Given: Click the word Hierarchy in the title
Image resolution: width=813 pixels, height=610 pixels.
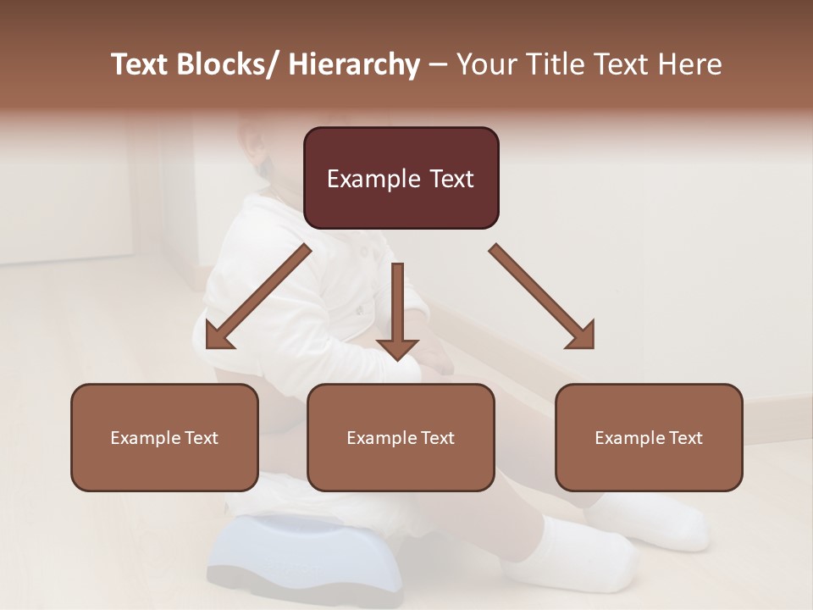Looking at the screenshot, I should coord(353,65).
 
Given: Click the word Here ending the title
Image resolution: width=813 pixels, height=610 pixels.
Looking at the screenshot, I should coord(690,65).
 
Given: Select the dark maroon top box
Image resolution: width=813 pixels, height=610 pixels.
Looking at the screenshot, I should coord(401,178).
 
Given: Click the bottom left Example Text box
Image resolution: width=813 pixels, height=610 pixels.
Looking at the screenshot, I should coord(164,437).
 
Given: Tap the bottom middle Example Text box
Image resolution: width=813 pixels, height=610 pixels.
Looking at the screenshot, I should coord(401,437).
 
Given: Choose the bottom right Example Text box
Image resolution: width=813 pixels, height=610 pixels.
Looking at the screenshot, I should coord(649,437).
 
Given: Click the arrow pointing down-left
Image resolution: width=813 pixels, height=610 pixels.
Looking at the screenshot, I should coord(258,297).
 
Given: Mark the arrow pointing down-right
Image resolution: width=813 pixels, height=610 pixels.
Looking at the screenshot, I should coord(543,297).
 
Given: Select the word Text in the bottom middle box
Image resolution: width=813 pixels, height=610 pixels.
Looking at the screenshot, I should coord(437,438).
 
